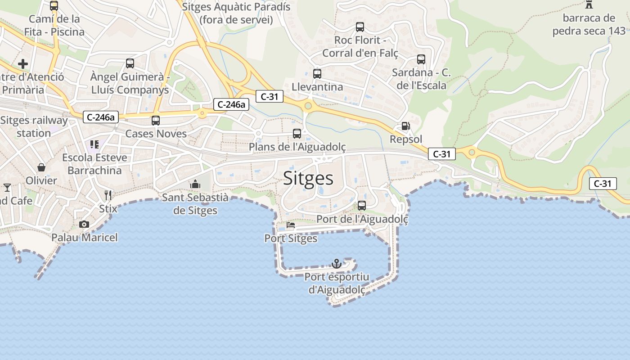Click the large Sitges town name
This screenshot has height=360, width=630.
(x=308, y=179)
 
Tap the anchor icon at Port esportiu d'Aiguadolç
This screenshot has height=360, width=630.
(x=337, y=263)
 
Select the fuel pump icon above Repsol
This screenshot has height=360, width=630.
(x=405, y=126)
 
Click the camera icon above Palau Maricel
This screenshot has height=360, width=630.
(x=84, y=224)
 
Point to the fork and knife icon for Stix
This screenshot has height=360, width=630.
(x=108, y=195)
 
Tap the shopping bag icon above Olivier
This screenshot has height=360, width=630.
(x=41, y=167)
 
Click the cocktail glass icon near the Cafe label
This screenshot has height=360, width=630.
(x=7, y=187)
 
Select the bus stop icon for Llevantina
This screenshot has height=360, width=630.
(x=317, y=74)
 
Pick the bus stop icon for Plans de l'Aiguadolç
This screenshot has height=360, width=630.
(x=297, y=134)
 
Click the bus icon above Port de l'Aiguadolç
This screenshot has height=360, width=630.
(x=362, y=206)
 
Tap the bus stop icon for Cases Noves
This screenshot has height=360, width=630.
(x=156, y=121)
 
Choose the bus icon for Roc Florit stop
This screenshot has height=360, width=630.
(x=360, y=27)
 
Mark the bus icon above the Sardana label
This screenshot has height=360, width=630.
(x=421, y=59)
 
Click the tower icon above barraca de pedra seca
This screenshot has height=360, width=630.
(x=589, y=4)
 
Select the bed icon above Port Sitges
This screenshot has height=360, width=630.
(x=291, y=225)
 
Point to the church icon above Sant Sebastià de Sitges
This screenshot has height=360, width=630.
(x=195, y=184)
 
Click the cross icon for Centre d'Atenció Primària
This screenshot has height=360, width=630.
(x=23, y=64)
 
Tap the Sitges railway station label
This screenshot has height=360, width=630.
(x=34, y=127)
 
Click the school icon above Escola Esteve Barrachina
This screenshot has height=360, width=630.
(x=94, y=144)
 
